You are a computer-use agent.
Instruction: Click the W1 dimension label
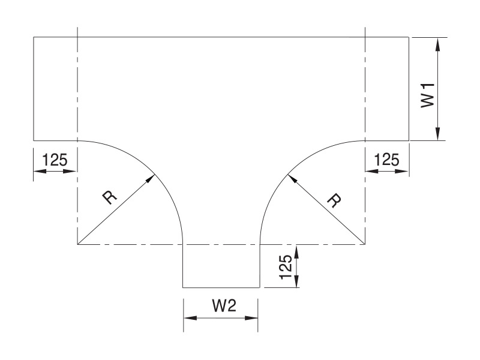pyautogui.click(x=428, y=95)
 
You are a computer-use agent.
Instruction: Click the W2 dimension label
pyautogui.click(x=224, y=305)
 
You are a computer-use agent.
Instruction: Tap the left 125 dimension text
pyautogui.click(x=55, y=160)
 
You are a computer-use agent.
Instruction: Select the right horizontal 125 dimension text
pyautogui.click(x=386, y=160)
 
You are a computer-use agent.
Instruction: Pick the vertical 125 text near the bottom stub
pyautogui.click(x=286, y=267)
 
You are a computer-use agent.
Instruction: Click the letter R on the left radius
pyautogui.click(x=110, y=197)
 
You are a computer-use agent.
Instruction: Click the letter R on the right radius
pyautogui.click(x=334, y=200)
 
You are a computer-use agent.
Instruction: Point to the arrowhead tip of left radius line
pyautogui.click(x=155, y=175)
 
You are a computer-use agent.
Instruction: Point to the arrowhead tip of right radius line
pyautogui.click(x=287, y=175)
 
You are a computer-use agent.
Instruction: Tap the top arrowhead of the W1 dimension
pyautogui.click(x=438, y=38)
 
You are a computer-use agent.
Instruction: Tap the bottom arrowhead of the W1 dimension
pyautogui.click(x=438, y=140)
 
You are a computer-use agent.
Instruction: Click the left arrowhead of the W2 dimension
pyautogui.click(x=184, y=318)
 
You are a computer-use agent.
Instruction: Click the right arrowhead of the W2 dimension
pyautogui.click(x=258, y=318)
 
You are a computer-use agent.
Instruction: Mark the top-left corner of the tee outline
pyautogui.click(x=34, y=37)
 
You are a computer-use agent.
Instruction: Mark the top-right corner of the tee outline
pyautogui.click(x=409, y=37)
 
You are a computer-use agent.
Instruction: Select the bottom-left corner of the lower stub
pyautogui.click(x=183, y=287)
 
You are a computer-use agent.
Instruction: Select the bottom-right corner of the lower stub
pyautogui.click(x=260, y=287)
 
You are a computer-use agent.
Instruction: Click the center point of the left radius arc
pyautogui.click(x=78, y=244)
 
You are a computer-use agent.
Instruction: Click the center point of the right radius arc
pyautogui.click(x=365, y=244)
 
